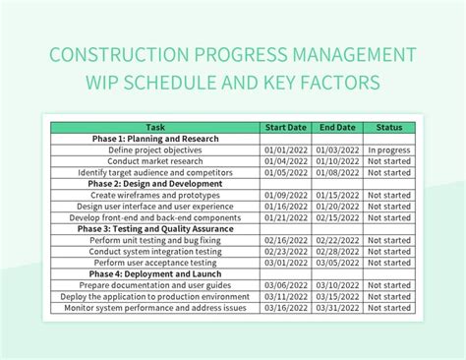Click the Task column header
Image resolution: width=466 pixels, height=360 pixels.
tap(155, 127)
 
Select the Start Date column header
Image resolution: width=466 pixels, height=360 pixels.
tap(285, 127)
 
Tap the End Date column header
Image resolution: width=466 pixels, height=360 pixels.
tap(336, 127)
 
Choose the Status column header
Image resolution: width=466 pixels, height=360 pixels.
tap(389, 127)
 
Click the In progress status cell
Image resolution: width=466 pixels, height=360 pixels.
tap(389, 150)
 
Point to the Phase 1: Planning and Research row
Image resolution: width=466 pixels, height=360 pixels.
tap(155, 139)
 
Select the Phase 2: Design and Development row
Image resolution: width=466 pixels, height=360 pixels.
tap(155, 183)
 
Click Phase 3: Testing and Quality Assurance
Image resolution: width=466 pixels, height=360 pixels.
tap(155, 228)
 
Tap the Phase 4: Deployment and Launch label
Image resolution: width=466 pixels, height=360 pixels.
tap(155, 273)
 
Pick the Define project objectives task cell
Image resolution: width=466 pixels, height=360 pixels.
tap(155, 150)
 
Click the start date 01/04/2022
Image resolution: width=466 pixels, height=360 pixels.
tap(285, 160)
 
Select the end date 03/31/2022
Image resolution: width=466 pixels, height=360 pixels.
tap(336, 307)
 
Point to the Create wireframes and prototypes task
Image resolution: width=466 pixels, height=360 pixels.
tap(155, 195)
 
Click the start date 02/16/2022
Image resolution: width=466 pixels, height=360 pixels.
tap(285, 239)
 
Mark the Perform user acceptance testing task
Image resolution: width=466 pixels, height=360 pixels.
tap(155, 262)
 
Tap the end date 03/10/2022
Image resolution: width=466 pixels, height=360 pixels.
tap(336, 284)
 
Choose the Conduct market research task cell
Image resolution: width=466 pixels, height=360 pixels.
tap(155, 160)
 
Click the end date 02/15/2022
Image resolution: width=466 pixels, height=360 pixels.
tap(336, 216)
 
